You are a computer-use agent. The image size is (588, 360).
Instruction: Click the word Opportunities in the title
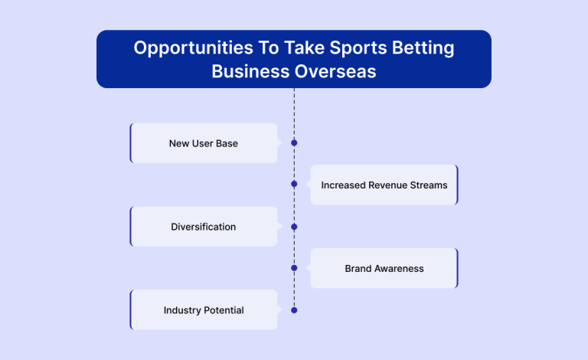coord(194,48)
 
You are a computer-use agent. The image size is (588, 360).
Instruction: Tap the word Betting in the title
coord(423,48)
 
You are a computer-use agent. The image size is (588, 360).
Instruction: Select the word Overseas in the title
coord(335,71)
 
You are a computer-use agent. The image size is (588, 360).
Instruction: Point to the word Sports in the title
coord(358,48)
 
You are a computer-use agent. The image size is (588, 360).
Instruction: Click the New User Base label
coord(203,143)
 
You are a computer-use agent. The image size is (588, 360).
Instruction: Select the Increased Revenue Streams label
coord(384,185)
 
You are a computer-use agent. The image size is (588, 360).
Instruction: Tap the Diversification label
coord(203,227)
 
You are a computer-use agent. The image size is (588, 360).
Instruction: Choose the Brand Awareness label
coord(384,269)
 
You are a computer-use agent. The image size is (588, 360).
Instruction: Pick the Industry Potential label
coord(204,310)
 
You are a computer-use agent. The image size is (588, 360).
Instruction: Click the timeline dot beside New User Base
coord(294,143)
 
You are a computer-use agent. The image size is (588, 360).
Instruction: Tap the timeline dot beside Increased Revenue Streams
coord(294,184)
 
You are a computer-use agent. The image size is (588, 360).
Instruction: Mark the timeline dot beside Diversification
coord(294,227)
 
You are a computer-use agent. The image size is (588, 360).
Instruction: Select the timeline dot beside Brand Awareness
coord(294,268)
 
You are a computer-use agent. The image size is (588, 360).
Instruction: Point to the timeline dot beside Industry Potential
coord(294,310)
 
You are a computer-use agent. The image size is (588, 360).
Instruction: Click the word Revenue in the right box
coord(387,185)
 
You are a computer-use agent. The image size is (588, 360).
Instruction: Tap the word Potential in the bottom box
coord(224,310)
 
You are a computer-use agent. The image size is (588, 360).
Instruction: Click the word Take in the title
coord(304,48)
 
